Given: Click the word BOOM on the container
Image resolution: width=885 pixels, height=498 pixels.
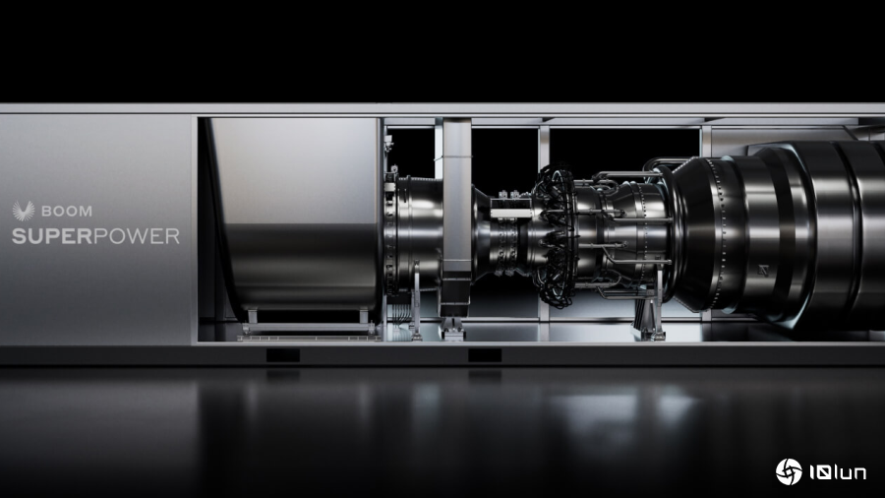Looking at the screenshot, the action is click(67, 212).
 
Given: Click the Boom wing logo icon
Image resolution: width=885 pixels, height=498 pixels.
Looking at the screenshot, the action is click(24, 211).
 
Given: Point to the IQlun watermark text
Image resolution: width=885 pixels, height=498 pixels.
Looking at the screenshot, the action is click(838, 472).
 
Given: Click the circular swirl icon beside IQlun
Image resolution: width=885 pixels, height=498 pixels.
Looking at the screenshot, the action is click(789, 471).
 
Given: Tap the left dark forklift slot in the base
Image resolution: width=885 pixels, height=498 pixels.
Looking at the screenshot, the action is click(283, 355).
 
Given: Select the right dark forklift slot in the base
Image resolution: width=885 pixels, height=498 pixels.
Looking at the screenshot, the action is click(485, 355).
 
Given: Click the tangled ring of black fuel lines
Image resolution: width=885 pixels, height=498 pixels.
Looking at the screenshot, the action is click(555, 237).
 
